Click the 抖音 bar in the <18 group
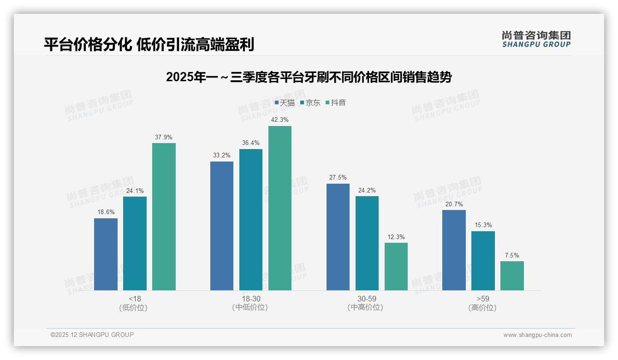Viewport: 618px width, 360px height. tap(164, 216)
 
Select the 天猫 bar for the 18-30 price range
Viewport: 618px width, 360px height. tap(222, 226)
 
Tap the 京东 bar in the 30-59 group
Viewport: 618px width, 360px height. tap(367, 243)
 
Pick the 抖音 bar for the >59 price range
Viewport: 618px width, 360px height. tap(512, 276)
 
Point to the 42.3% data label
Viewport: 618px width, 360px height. tap(280, 120)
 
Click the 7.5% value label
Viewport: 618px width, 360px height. tap(512, 255)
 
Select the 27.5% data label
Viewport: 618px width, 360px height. tap(338, 177)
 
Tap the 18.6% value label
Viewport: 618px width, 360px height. tap(106, 212)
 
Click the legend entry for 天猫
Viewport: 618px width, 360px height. tap(285, 102)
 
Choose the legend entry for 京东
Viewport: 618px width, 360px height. tap(310, 102)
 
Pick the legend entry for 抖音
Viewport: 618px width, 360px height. tap(336, 102)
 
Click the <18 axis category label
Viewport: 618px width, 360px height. tap(135, 299)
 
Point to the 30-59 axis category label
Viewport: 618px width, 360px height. tap(367, 299)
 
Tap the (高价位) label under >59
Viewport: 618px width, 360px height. tap(482, 307)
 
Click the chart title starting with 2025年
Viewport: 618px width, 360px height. tap(309, 77)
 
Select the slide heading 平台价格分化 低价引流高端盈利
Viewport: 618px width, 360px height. tap(149, 44)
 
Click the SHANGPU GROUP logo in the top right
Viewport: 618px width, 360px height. tap(536, 39)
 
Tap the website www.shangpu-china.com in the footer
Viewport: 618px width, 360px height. tap(537, 335)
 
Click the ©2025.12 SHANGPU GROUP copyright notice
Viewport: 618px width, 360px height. tap(92, 335)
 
